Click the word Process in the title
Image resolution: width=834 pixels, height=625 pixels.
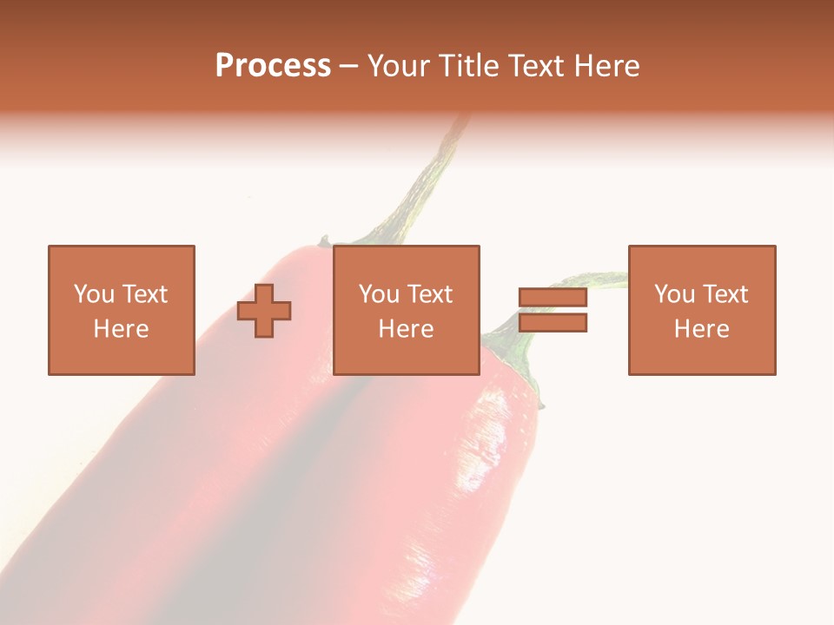pos(273,66)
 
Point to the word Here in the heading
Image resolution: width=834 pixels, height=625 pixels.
pos(609,66)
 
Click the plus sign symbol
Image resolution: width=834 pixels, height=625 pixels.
pos(264,311)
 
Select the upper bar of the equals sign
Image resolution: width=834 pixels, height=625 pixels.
pos(553,298)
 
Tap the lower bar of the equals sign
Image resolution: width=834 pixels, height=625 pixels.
pos(553,323)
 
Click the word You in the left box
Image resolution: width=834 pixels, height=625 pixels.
pos(95,294)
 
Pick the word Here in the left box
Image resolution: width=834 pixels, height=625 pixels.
pos(121,329)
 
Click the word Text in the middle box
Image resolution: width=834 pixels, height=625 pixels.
pos(429,294)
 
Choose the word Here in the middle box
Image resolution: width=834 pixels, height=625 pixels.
pos(406,329)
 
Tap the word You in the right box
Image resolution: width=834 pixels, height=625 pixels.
pos(675,294)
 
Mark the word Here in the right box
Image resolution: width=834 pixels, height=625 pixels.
pos(701,329)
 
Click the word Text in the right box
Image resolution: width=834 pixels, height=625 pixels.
pos(725,294)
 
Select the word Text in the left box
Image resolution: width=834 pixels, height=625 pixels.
pos(144,294)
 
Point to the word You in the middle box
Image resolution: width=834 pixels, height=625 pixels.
pos(380,294)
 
